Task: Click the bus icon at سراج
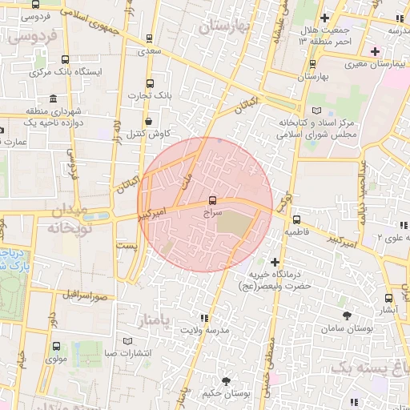click(x=212, y=200)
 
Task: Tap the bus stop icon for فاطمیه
click(x=296, y=219)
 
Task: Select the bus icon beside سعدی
click(x=150, y=38)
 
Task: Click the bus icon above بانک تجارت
click(x=150, y=83)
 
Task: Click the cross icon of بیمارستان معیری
click(x=375, y=51)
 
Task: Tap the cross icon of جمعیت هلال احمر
click(x=324, y=18)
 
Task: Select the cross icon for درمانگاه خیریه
click(x=275, y=262)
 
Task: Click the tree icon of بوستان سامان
click(x=346, y=316)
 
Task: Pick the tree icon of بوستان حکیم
click(x=226, y=380)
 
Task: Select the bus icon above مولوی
click(x=56, y=347)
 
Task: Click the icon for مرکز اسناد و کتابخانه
click(x=315, y=111)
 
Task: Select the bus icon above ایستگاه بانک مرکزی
click(x=64, y=60)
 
